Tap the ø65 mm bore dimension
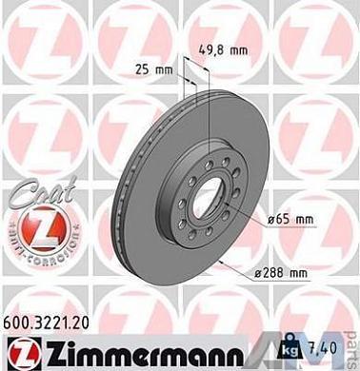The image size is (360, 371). click(290, 219)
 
